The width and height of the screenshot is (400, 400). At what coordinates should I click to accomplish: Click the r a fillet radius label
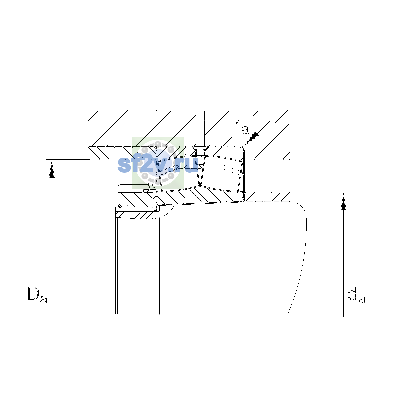[x=242, y=127]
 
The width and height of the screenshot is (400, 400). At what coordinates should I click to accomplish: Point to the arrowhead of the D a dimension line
[x=52, y=169]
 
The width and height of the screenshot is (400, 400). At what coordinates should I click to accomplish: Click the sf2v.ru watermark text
[x=157, y=165]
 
